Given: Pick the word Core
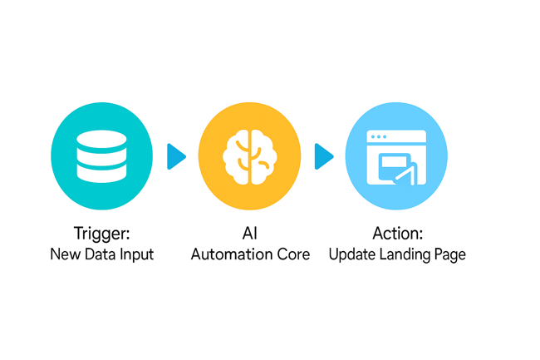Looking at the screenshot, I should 292,254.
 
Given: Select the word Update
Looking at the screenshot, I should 351,254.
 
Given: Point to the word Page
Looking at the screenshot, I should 449,254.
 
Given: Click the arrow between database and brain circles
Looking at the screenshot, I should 176,156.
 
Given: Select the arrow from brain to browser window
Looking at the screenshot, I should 324,156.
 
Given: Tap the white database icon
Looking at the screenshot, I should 101,156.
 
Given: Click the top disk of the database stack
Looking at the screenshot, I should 101,138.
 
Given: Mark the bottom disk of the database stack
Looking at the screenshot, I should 101,175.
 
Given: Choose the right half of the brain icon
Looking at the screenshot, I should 263,156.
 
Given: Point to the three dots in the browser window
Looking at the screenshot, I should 379,136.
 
